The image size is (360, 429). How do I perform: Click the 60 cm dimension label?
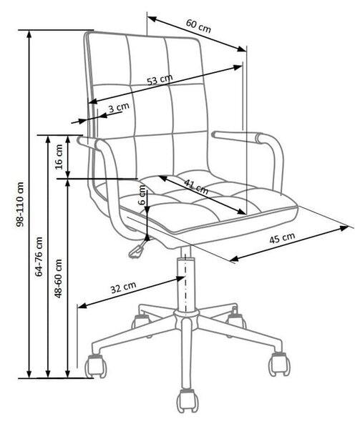click(x=198, y=26)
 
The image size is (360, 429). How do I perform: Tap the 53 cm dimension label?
click(x=160, y=79)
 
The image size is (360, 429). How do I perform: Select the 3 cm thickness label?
click(x=119, y=107)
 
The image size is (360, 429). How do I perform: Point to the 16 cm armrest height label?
click(x=59, y=157)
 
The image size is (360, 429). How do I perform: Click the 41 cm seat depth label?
click(x=196, y=187)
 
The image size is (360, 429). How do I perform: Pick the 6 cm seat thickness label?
click(x=142, y=194)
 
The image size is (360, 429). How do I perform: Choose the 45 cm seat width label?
click(x=282, y=238)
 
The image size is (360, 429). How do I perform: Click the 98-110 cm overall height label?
click(x=20, y=204)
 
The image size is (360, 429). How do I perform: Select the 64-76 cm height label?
click(x=39, y=257)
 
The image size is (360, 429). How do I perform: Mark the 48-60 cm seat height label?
click(x=58, y=278)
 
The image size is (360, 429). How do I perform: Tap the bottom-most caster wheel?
click(x=188, y=401)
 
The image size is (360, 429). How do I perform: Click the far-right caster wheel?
click(x=279, y=365)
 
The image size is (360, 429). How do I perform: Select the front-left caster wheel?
click(x=95, y=366)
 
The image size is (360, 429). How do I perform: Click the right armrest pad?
click(x=238, y=137)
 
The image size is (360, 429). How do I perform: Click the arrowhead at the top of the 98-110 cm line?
click(x=29, y=34)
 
